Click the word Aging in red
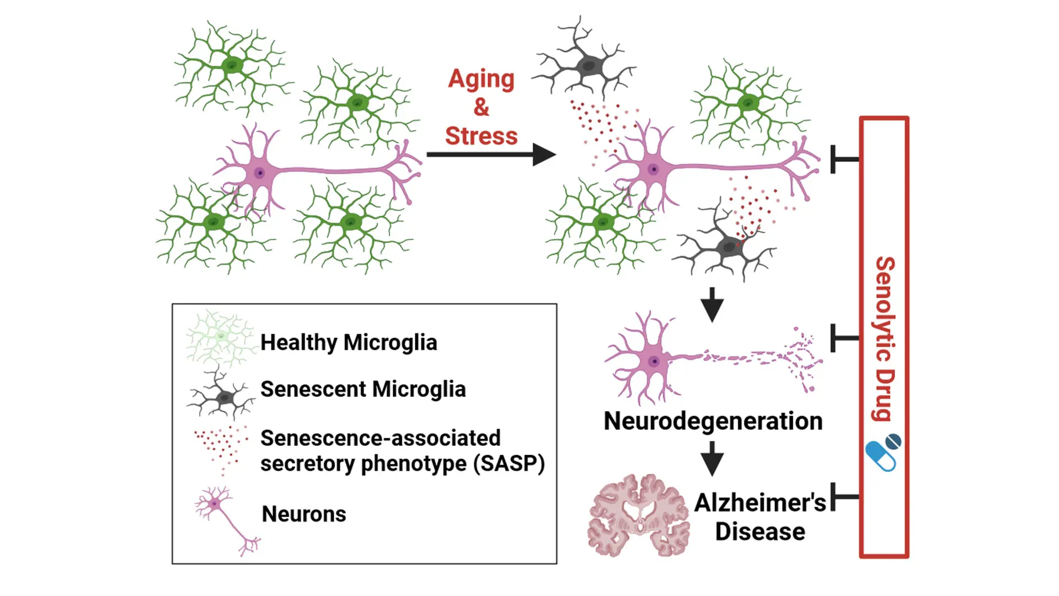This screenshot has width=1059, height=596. coord(481,79)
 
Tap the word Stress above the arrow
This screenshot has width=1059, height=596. coord(481,136)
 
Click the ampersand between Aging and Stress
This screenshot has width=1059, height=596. coord(481,107)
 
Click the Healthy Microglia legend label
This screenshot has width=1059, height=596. coord(349,343)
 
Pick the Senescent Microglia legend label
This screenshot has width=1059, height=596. coord(363,390)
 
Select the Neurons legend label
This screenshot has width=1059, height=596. coord(304,514)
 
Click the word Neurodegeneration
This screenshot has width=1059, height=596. coord(713,421)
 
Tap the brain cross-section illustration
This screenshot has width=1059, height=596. coord(639,515)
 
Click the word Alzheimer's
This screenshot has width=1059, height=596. coord(760,503)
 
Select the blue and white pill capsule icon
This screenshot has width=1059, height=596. coord(882,453)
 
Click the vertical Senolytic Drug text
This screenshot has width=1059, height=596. coord(885,338)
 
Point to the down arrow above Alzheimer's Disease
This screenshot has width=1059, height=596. coord(712,458)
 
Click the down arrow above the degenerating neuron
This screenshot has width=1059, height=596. coord(712,304)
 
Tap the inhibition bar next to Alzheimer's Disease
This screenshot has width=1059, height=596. coord(844,497)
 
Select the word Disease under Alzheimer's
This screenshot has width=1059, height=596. coord(760,532)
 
